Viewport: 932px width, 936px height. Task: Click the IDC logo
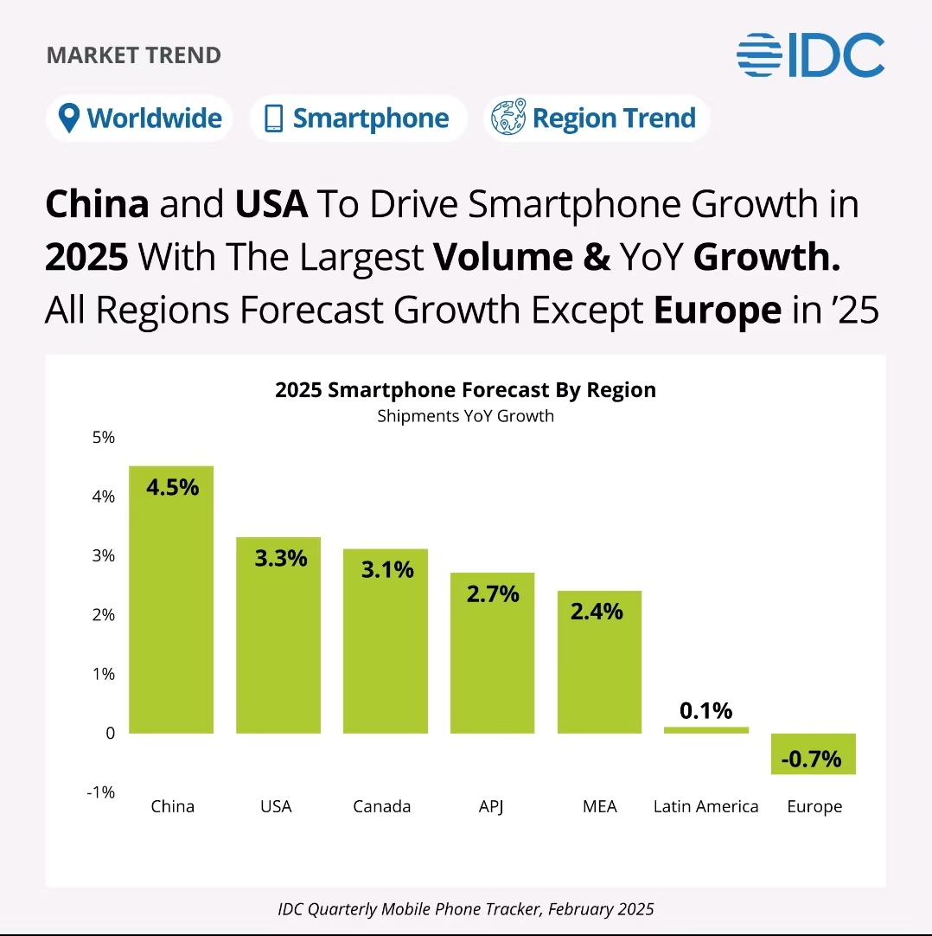810,54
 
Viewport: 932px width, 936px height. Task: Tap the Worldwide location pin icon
69,119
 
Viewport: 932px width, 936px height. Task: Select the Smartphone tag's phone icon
273,119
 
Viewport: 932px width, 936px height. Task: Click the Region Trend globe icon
507,119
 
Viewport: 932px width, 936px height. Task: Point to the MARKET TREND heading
134,56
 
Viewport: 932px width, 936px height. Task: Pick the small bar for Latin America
705,730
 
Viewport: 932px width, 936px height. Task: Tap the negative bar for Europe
813,753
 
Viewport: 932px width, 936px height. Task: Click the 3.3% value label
280,559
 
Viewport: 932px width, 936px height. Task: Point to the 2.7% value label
492,594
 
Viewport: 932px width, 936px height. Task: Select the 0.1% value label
705,711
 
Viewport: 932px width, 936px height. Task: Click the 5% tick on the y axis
104,438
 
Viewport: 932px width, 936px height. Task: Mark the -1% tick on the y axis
101,792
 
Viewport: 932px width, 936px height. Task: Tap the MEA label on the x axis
599,806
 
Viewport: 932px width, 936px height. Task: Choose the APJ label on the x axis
490,806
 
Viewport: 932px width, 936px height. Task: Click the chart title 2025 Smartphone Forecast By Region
465,390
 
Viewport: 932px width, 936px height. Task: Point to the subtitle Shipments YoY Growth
465,416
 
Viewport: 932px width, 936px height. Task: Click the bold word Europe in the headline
717,310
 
